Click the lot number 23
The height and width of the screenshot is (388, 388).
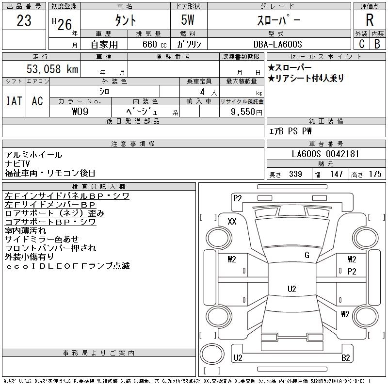(24, 21)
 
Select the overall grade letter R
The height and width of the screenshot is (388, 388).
(370, 20)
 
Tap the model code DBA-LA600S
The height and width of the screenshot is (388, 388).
(278, 44)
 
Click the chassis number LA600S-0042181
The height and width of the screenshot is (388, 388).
(325, 154)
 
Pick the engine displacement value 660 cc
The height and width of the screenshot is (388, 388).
(147, 44)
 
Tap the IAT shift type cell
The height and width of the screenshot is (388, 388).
(14, 101)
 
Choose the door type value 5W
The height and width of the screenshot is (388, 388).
(189, 21)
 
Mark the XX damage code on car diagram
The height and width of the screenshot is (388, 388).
(232, 222)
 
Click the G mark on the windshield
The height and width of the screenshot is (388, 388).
(307, 255)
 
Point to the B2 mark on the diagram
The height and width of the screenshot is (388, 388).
(346, 358)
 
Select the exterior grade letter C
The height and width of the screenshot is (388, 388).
(361, 44)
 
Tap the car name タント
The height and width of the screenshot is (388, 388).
(125, 21)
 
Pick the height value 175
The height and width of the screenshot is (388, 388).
(375, 174)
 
